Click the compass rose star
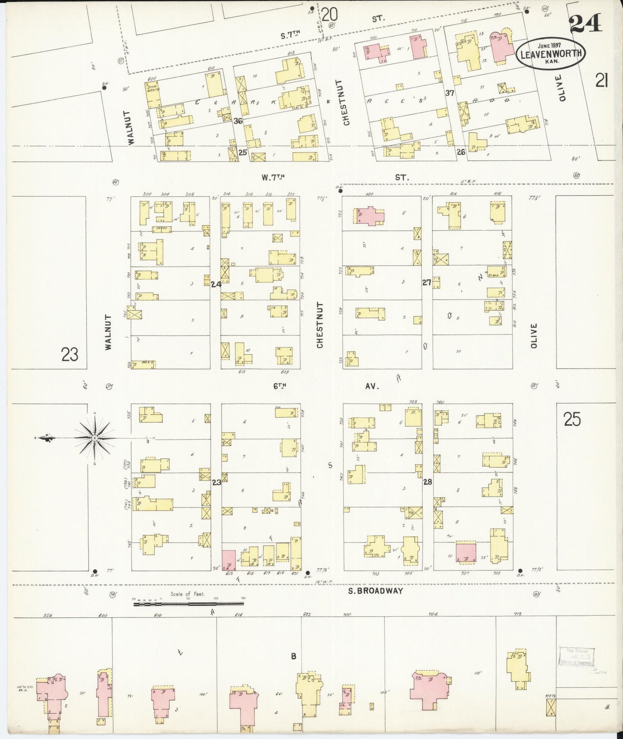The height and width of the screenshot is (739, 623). point(94,438)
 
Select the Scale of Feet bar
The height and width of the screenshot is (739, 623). point(188,604)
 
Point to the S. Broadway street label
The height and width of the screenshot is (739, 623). point(375,591)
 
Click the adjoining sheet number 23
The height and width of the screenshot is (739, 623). point(70,354)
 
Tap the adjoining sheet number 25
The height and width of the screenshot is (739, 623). point(572,419)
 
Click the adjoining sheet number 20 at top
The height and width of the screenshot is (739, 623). point(329,15)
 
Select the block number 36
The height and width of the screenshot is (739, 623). point(238,121)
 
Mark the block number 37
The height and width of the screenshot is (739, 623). point(450,92)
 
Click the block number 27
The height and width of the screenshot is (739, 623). point(426,283)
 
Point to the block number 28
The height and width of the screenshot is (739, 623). point(427,482)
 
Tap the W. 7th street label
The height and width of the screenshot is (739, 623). point(274,177)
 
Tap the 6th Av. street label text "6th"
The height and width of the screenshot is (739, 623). point(279,387)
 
